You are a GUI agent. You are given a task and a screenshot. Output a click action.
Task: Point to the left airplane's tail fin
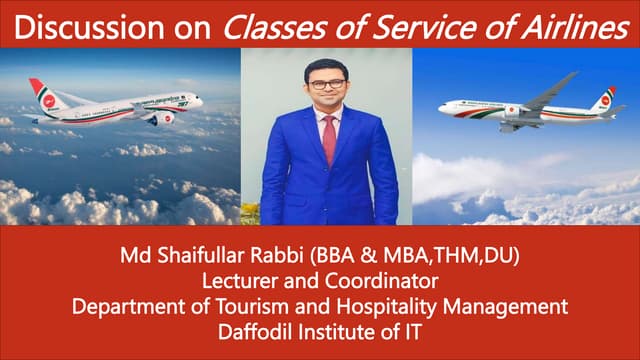(x=42, y=91)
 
